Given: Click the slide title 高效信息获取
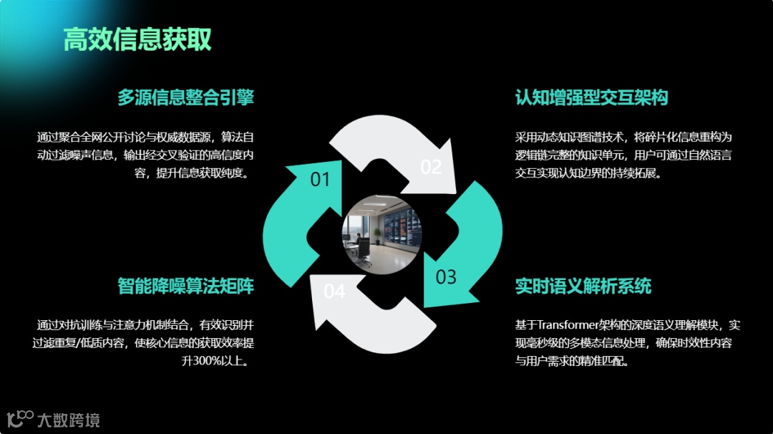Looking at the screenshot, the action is pos(137,39).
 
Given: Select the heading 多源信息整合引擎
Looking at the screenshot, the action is pos(185,97).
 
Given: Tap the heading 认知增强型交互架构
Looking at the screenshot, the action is pos(591,97).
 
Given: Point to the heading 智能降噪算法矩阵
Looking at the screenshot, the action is pos(185,286).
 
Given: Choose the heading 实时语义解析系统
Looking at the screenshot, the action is pos(583,286).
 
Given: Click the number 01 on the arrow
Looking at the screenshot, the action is pos(320,179).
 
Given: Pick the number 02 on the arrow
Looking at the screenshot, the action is pos(430,167).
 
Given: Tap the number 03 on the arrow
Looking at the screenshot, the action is pos(446,276).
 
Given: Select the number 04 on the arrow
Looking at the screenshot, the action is pos(334,291).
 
